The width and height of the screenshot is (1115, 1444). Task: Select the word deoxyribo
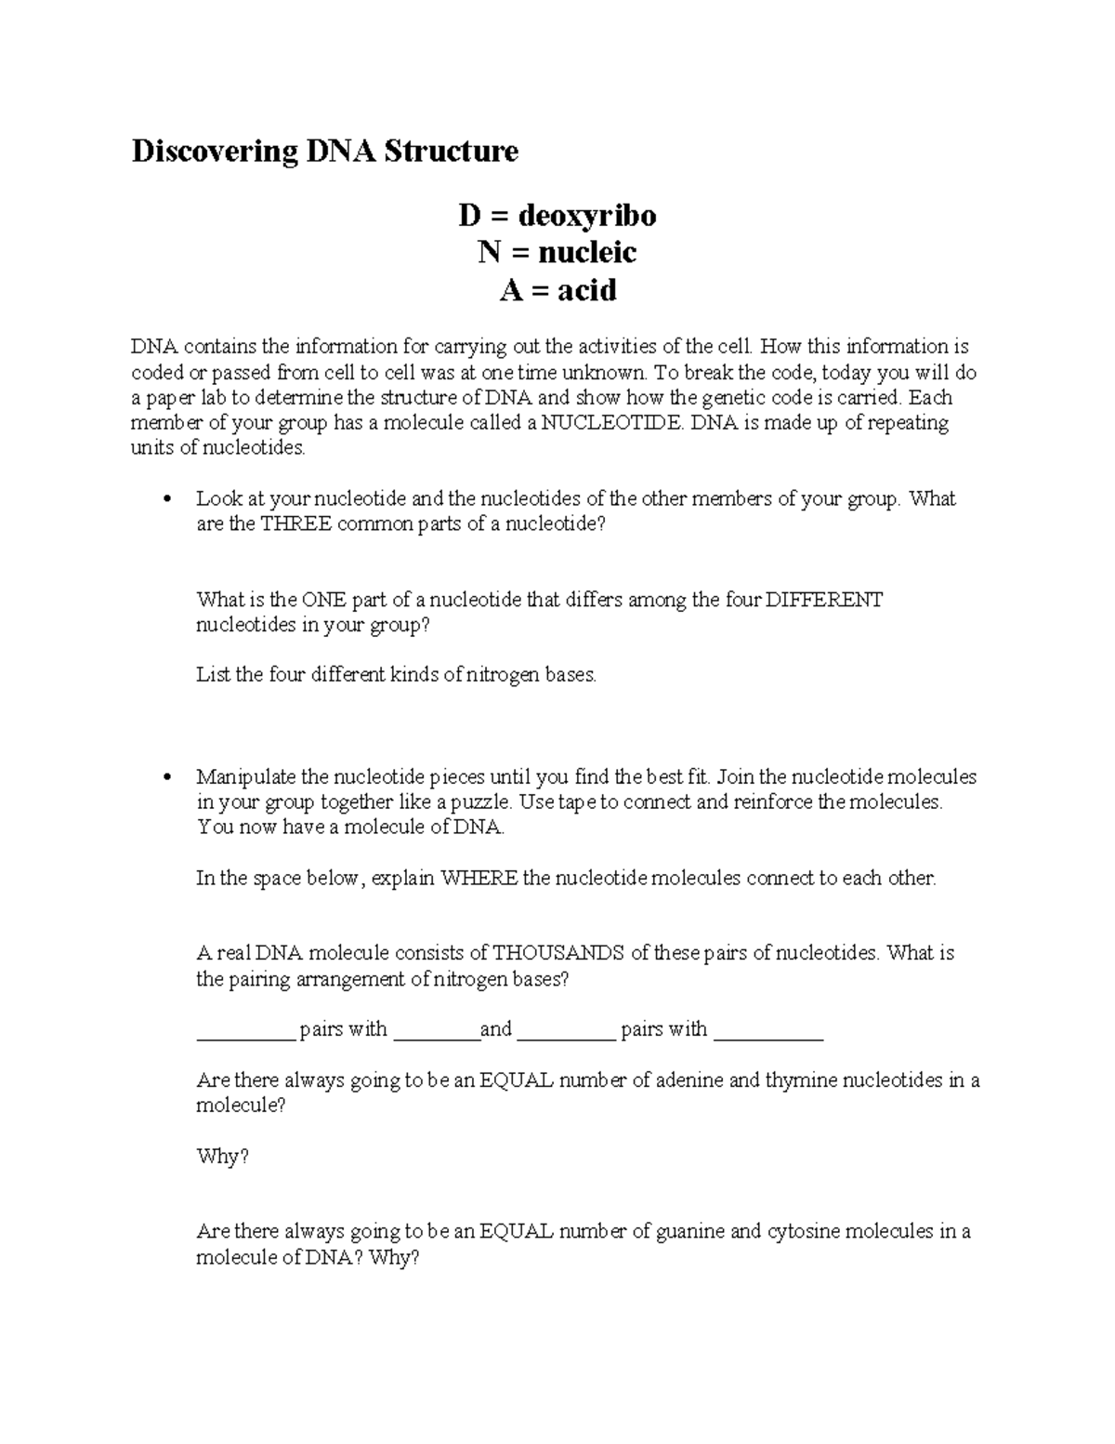point(587,216)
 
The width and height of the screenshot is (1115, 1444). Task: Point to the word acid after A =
point(587,291)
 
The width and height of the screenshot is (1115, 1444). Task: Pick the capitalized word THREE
point(295,524)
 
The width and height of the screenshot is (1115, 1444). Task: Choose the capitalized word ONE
point(324,600)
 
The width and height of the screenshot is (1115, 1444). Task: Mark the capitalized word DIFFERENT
point(824,600)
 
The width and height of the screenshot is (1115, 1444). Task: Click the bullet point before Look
point(168,499)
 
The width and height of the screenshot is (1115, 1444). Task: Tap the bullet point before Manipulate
point(168,777)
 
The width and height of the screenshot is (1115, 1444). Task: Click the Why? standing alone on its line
point(223,1157)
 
